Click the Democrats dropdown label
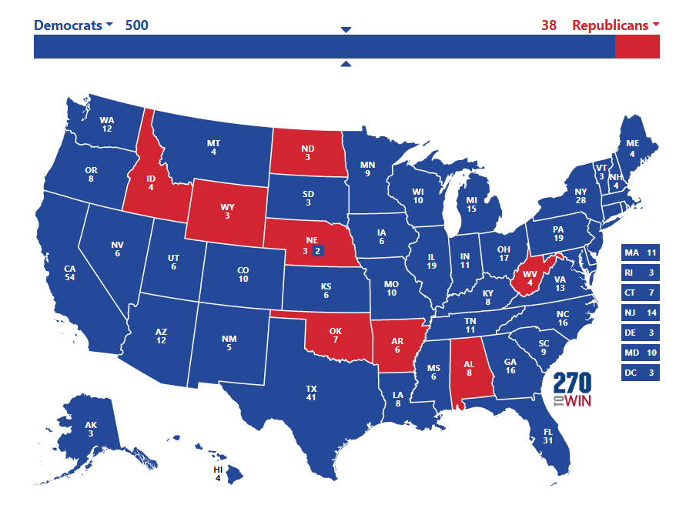click(73, 25)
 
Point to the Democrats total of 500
click(137, 25)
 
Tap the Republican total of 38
click(548, 25)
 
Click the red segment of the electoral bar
click(637, 46)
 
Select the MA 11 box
click(641, 252)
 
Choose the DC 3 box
click(641, 373)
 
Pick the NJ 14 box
click(641, 313)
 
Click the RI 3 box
click(641, 273)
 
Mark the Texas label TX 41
click(311, 393)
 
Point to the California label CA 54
click(70, 273)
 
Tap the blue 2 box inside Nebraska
click(318, 250)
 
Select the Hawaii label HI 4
click(218, 473)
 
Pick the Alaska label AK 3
click(91, 429)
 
